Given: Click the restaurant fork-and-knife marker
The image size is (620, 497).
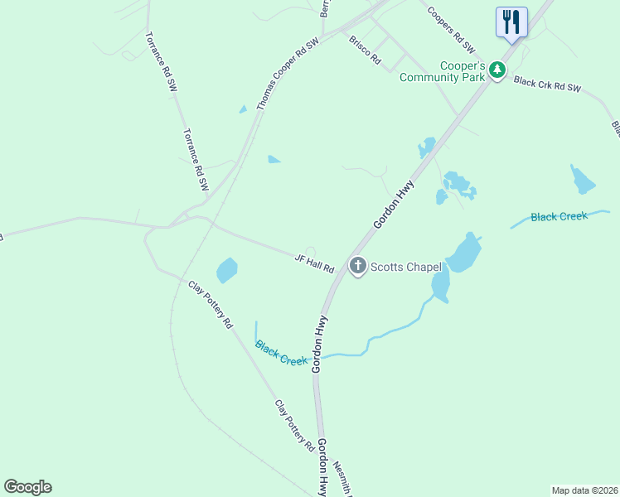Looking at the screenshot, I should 511,21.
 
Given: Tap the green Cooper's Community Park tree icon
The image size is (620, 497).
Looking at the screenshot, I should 497,70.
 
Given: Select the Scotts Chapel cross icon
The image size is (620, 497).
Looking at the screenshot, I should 358,266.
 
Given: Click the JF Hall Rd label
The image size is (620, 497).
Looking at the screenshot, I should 314,264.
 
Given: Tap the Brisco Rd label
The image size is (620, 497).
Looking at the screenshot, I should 365,49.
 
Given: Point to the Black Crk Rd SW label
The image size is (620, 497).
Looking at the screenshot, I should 548,84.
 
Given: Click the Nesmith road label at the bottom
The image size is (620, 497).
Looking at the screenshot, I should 347,475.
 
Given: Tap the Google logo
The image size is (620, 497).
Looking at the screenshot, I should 27,487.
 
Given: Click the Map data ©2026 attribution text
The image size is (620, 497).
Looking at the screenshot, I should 584,490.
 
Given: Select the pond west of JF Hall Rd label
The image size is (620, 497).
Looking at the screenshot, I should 226,270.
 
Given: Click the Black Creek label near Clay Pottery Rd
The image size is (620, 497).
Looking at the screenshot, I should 282,354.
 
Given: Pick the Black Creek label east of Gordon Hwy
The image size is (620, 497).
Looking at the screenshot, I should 559,217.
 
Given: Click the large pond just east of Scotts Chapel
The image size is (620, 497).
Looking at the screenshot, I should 464,252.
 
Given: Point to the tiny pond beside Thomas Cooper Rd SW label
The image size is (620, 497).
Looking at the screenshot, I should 243,109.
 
